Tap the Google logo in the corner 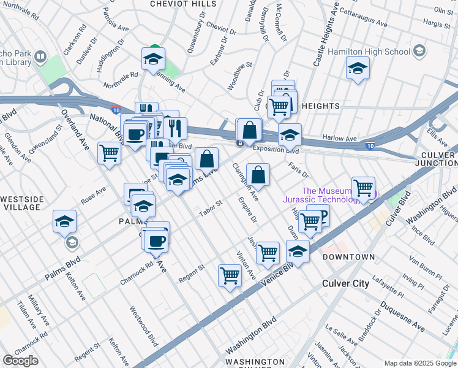tap(21, 361)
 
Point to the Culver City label tap(346, 283)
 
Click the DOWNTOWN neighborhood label tap(348, 256)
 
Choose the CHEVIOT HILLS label tap(183, 4)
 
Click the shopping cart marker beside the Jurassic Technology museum tap(363, 188)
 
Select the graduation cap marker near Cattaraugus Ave tap(357, 67)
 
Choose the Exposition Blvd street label tap(276, 149)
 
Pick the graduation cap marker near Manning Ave tap(152, 59)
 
